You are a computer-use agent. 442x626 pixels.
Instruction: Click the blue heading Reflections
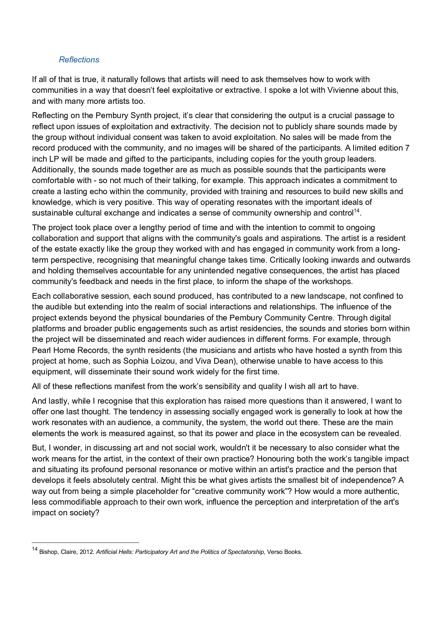(79, 60)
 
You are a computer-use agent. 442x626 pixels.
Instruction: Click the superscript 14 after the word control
(356, 211)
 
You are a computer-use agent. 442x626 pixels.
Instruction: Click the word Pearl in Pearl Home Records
(41, 350)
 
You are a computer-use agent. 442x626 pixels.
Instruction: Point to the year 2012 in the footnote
(87, 552)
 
